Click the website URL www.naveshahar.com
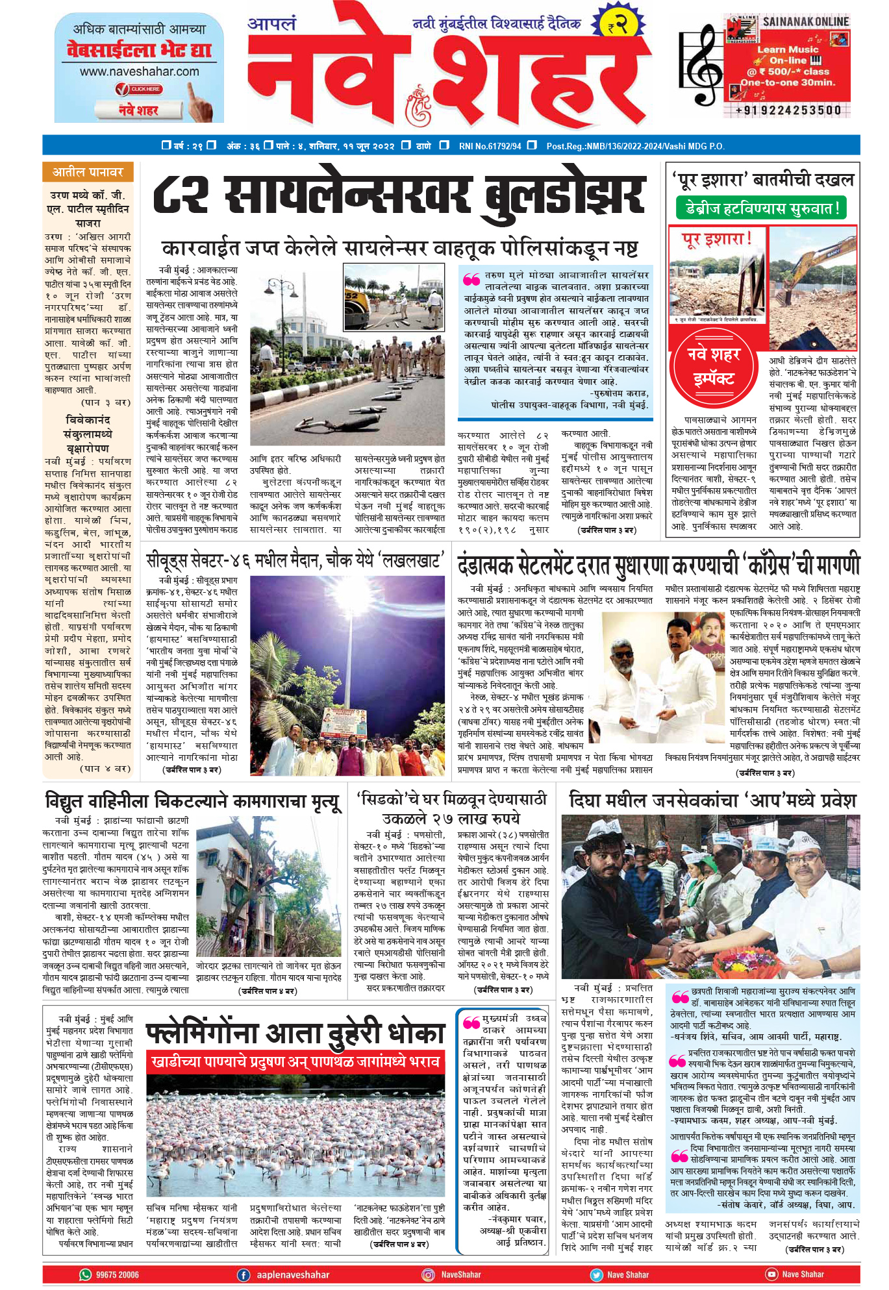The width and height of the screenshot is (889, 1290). coord(139,72)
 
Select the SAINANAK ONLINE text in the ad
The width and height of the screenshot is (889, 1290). coord(805,21)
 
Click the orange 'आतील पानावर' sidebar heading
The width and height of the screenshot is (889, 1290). coord(88,172)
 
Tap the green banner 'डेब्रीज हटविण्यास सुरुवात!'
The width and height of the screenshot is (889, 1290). coord(762,208)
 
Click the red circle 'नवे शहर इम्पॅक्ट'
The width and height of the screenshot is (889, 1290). coord(714,367)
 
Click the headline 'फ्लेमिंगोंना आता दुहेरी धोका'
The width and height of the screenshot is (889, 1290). coord(295,1034)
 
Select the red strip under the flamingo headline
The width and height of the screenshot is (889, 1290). coord(295,1062)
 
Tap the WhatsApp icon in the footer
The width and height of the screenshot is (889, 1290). coord(85,1274)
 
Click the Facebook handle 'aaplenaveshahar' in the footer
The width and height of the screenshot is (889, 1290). coord(292,1274)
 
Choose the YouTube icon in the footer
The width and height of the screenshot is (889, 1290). coord(771,1274)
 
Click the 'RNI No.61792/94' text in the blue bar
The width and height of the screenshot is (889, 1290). coord(490,146)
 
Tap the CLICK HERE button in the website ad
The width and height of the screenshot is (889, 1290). coord(138,89)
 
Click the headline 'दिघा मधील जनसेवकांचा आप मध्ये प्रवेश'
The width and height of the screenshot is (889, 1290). coord(712,800)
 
